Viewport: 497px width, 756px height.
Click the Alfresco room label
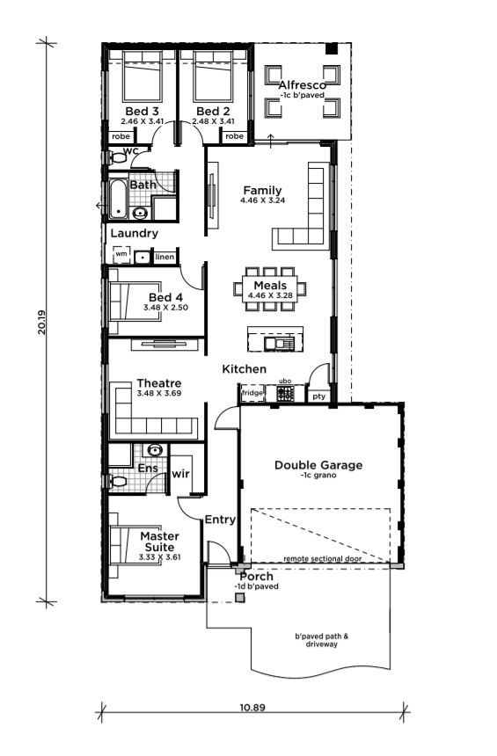coord(302,85)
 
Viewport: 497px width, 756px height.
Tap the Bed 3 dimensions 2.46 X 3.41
coord(143,121)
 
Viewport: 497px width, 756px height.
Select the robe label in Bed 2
coord(234,136)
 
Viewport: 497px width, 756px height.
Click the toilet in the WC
coord(116,157)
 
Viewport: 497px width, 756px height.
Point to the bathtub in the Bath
coord(117,199)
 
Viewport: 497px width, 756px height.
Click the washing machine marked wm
coord(121,254)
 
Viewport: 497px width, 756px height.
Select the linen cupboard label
coord(164,257)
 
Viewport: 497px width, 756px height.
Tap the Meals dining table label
coord(270,285)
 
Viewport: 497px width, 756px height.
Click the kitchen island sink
coord(279,344)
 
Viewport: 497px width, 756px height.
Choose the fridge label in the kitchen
coord(252,393)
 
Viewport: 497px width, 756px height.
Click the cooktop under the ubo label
coord(285,394)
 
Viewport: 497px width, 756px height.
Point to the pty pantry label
coord(319,396)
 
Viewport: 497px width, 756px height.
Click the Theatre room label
coord(159,383)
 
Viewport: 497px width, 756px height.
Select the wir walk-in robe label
coord(180,474)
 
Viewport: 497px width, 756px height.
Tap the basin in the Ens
coord(155,451)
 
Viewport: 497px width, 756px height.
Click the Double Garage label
coord(318,465)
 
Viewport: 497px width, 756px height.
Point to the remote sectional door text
coord(323,559)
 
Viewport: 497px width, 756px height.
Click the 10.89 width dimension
coord(252,708)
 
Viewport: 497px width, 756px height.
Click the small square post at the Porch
coord(240,598)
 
